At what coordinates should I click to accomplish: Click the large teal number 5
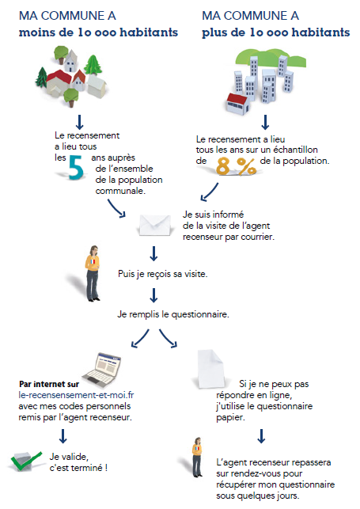coord(76,167)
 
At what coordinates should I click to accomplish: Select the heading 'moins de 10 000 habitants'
coord(98,32)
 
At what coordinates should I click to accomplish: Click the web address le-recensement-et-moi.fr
coord(78,395)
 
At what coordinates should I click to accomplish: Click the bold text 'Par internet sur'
coord(47,385)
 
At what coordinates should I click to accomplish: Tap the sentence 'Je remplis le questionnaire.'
coord(173,313)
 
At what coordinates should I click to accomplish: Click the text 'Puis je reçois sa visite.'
coord(162,275)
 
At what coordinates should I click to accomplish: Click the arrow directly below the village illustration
coord(79,121)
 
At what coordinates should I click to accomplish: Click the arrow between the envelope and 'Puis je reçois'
coord(155,253)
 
